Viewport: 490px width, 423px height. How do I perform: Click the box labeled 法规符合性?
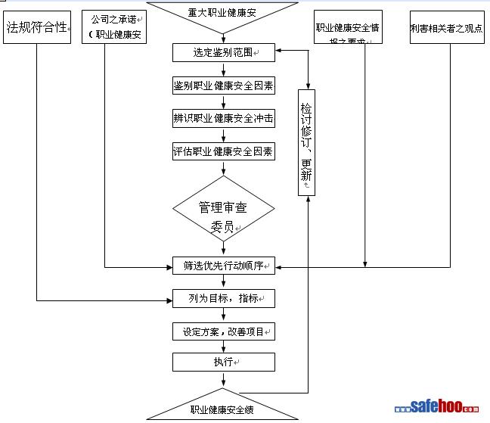pyautogui.click(x=37, y=28)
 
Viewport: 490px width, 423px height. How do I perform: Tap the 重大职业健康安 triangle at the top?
pyautogui.click(x=223, y=12)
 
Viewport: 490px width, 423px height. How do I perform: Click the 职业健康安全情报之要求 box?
pyautogui.click(x=349, y=27)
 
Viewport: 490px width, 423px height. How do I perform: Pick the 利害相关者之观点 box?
pyautogui.click(x=446, y=27)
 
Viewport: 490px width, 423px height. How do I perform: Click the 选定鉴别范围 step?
pyautogui.click(x=223, y=53)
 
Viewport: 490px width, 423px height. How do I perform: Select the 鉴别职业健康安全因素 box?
pyautogui.click(x=223, y=86)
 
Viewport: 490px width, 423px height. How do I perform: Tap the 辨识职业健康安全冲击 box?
pyautogui.click(x=223, y=119)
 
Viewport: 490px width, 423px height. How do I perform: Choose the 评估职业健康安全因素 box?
pyautogui.click(x=223, y=151)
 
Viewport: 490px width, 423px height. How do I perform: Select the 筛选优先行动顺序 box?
pyautogui.click(x=223, y=266)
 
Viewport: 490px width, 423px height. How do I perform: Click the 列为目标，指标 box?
pyautogui.click(x=223, y=299)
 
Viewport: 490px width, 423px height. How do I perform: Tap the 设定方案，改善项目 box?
pyautogui.click(x=223, y=331)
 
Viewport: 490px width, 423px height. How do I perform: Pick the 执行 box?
pyautogui.click(x=223, y=362)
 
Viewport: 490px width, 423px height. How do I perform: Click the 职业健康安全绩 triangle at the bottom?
pyautogui.click(x=223, y=409)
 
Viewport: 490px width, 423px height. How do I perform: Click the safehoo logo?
pyautogui.click(x=440, y=406)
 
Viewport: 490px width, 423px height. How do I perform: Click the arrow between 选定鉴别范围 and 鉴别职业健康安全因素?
pyautogui.click(x=223, y=70)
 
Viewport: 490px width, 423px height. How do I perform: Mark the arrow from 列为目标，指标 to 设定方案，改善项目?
pyautogui.click(x=223, y=315)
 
